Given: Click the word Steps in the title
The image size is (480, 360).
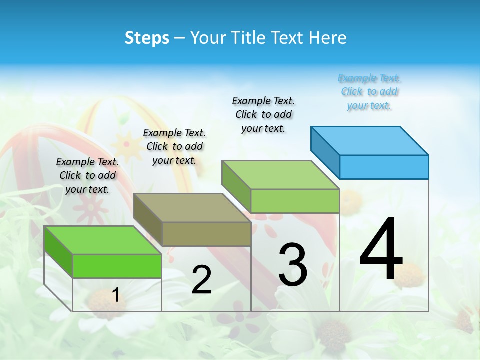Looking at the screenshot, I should pos(147,38).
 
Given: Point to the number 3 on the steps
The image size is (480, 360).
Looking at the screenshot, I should pos(293,265).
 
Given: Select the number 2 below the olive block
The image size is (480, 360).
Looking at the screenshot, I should pos(201,280).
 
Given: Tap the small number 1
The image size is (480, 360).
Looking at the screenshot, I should pos(115,295).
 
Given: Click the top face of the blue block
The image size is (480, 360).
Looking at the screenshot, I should pos(370,140).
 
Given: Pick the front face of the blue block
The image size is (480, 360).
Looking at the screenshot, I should pos(384,167).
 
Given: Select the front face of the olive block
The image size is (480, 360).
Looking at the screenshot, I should pos(206,234).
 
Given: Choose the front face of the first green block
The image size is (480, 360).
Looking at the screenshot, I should pos(117,266).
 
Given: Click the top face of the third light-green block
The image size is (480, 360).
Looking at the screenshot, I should pos(280,174).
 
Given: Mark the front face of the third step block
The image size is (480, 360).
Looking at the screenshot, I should pos(295,201).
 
